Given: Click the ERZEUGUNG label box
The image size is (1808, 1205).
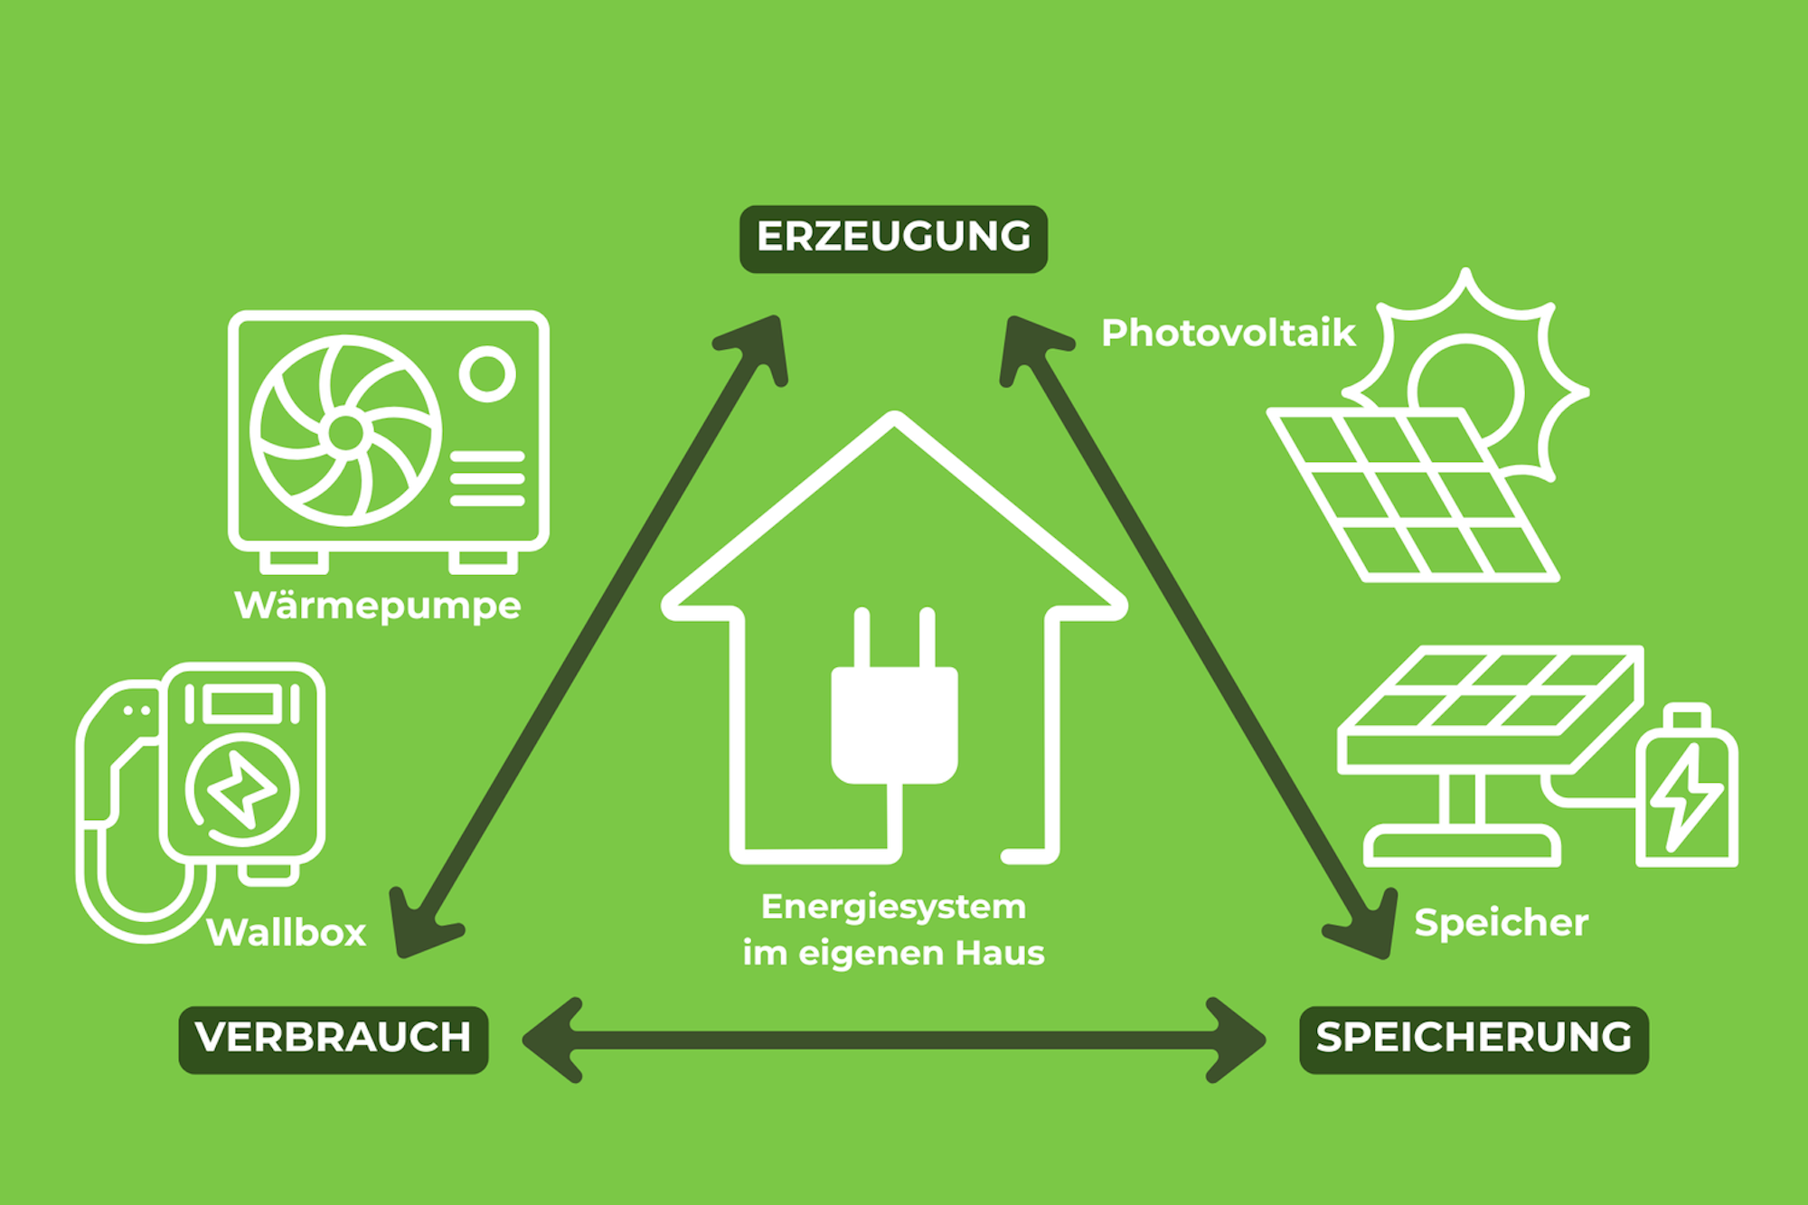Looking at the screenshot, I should tap(893, 239).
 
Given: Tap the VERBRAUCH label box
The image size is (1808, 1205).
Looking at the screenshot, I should tap(334, 1039).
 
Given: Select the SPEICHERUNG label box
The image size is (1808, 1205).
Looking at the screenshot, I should tap(1474, 1039).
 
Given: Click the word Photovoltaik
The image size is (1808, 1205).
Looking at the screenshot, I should tap(1228, 334).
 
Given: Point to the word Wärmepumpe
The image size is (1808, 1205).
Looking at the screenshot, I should tap(377, 606).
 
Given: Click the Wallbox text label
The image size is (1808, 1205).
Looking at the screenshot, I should tap(286, 933).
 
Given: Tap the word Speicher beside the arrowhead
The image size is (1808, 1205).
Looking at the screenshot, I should tap(1501, 923).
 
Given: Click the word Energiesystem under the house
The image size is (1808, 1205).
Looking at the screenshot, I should tap(893, 907).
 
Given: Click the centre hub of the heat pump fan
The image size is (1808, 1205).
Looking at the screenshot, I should tap(345, 433).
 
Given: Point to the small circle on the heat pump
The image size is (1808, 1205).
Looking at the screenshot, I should tap(487, 373).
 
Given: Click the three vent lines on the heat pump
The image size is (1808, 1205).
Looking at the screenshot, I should tap(487, 478).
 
